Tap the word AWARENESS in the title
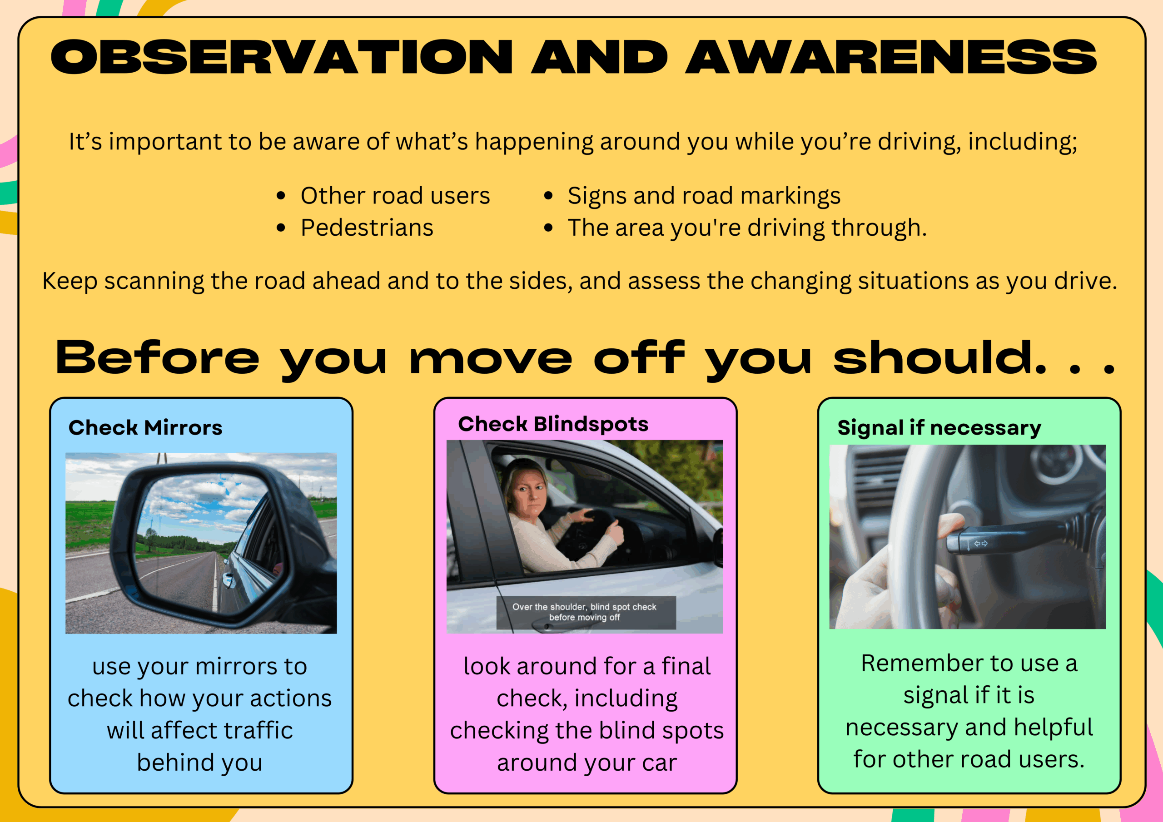891,57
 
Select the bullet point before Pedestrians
281,228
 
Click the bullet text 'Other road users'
395,195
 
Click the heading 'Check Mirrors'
145,427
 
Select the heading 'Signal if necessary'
939,428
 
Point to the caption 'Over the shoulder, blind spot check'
584,607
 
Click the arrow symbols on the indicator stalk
981,544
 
